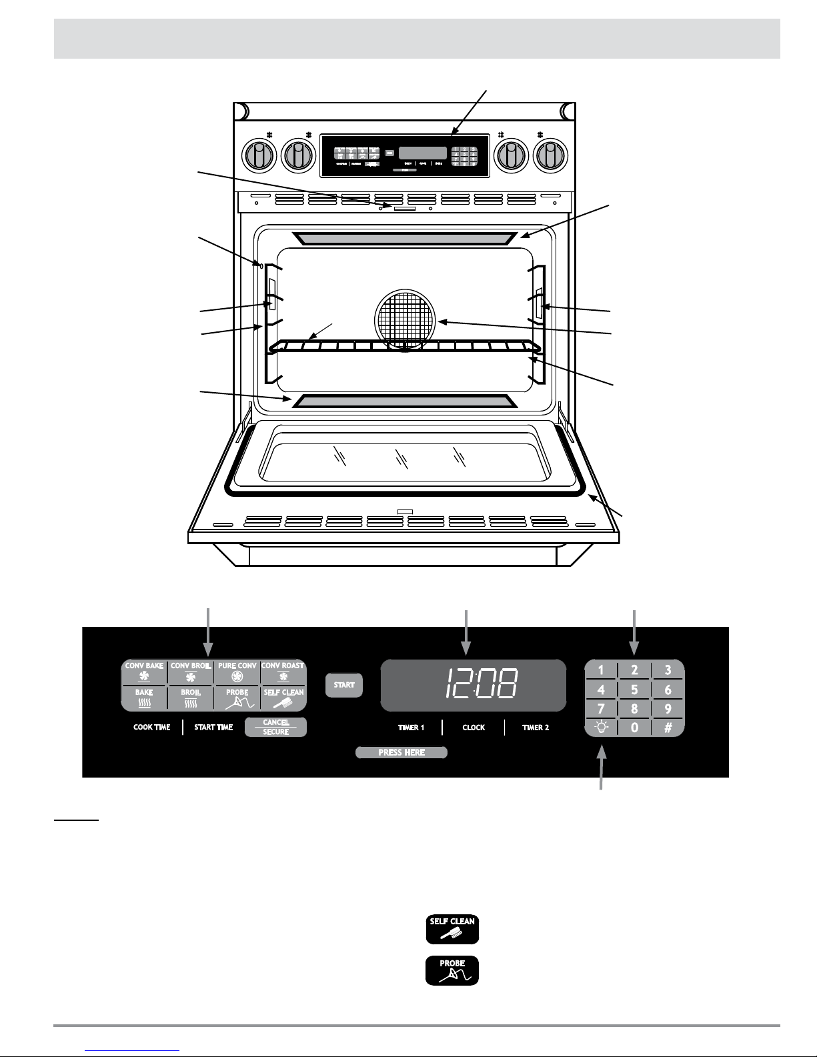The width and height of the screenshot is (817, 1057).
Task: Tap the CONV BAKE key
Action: coord(144,672)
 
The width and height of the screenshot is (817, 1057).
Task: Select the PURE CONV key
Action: coord(237,672)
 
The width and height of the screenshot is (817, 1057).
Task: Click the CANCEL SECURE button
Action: coord(275,727)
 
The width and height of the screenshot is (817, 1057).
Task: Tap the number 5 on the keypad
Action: coord(634,690)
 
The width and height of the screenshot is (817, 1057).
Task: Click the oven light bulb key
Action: coord(601,727)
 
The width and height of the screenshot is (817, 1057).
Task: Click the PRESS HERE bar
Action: coord(401,752)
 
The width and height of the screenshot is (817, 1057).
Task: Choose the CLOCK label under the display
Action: coord(474,728)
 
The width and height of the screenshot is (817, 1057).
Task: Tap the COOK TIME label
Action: coord(152,728)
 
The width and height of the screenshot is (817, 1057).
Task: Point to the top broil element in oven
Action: coord(405,238)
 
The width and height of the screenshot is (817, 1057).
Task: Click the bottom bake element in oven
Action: coord(405,401)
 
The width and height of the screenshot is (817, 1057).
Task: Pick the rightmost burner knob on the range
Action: coord(550,156)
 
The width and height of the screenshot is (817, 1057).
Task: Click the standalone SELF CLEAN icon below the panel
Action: coord(452,929)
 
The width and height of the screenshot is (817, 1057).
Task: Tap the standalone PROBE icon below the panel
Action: coord(452,971)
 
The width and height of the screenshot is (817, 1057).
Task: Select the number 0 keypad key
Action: coord(634,727)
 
